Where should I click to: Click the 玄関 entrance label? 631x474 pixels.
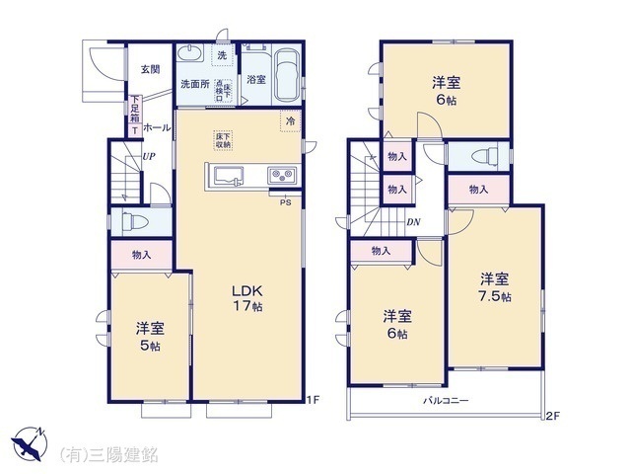(150, 69)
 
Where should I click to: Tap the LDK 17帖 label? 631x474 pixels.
(246, 299)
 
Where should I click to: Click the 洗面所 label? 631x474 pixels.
(194, 84)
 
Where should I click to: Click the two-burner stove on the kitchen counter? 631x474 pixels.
(281, 177)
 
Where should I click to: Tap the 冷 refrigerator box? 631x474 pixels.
(291, 120)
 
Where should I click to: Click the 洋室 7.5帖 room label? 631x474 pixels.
(496, 287)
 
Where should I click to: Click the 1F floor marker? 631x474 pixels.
(313, 400)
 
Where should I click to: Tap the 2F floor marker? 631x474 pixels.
(553, 416)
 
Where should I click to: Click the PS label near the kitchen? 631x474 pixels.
(285, 203)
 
